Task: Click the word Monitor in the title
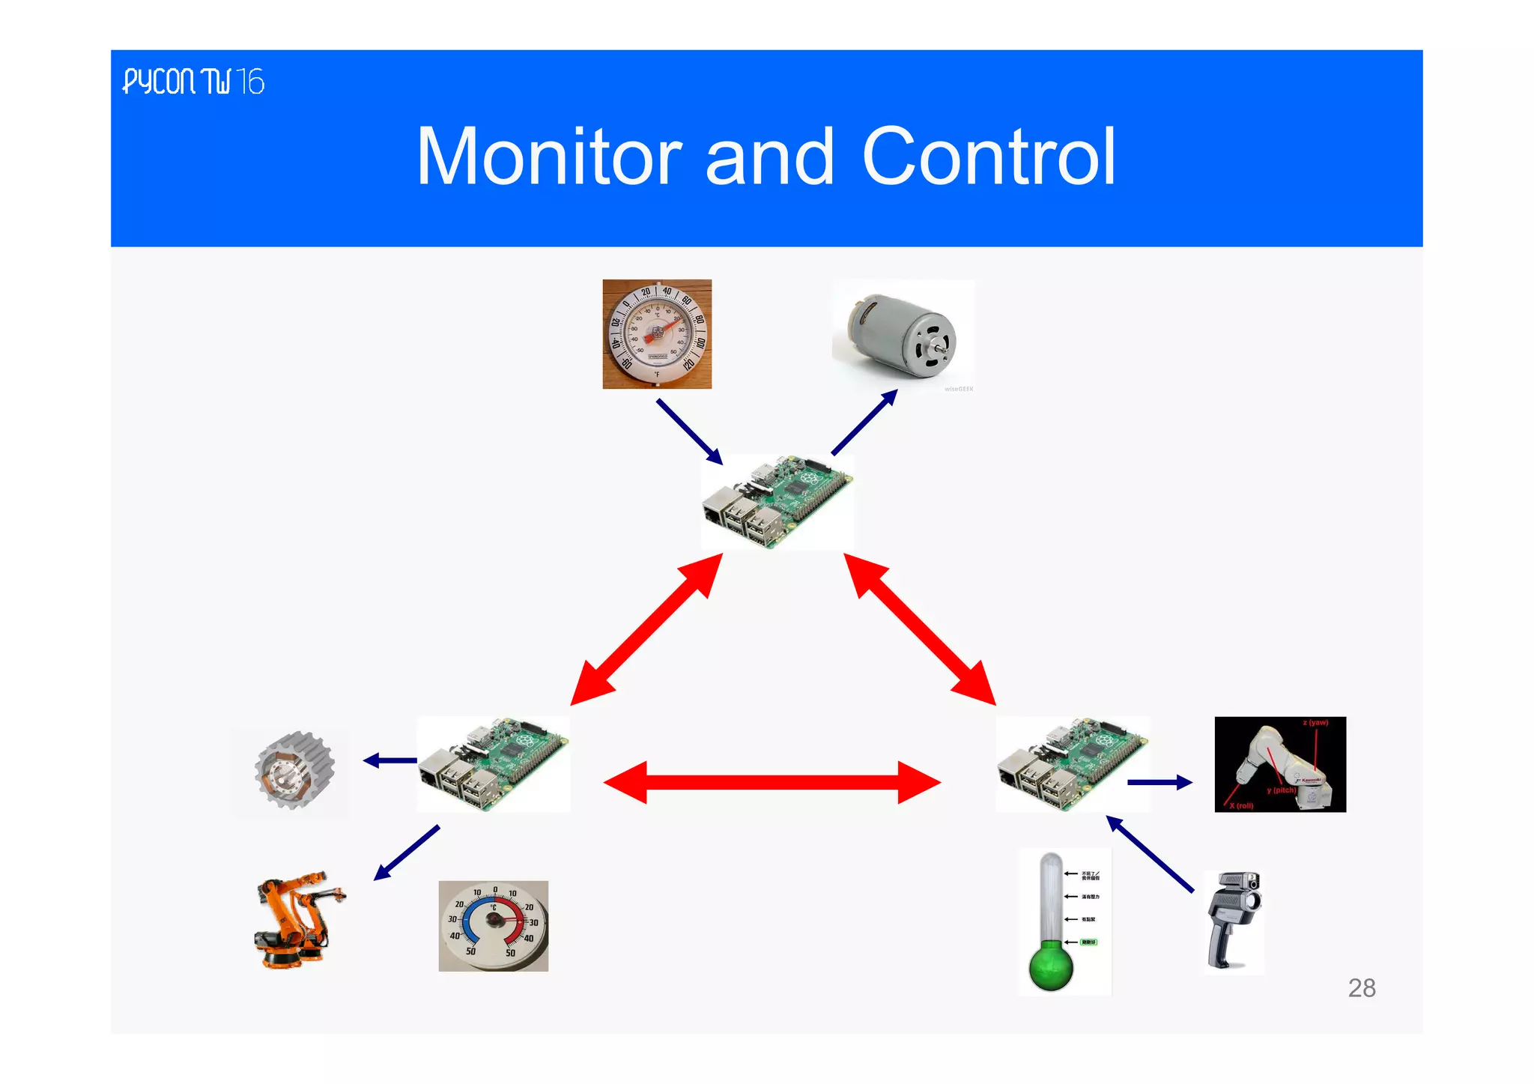click(548, 157)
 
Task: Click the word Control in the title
click(989, 157)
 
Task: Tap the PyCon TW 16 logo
click(193, 81)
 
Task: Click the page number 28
click(1361, 988)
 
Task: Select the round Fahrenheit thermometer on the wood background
click(657, 334)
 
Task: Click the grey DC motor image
click(902, 335)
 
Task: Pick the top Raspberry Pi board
click(777, 501)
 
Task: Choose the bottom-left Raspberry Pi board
click(493, 763)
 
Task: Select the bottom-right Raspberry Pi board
click(1072, 763)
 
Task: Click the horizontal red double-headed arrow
click(771, 783)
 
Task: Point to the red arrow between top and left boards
click(646, 630)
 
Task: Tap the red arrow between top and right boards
click(920, 629)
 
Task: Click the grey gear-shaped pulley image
click(293, 771)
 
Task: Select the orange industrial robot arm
click(298, 919)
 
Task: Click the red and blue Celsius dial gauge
click(493, 926)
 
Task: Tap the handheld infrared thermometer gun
click(1233, 919)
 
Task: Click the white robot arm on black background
click(1279, 764)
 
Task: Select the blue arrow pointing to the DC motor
click(864, 422)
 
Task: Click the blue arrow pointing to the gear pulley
click(389, 760)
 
